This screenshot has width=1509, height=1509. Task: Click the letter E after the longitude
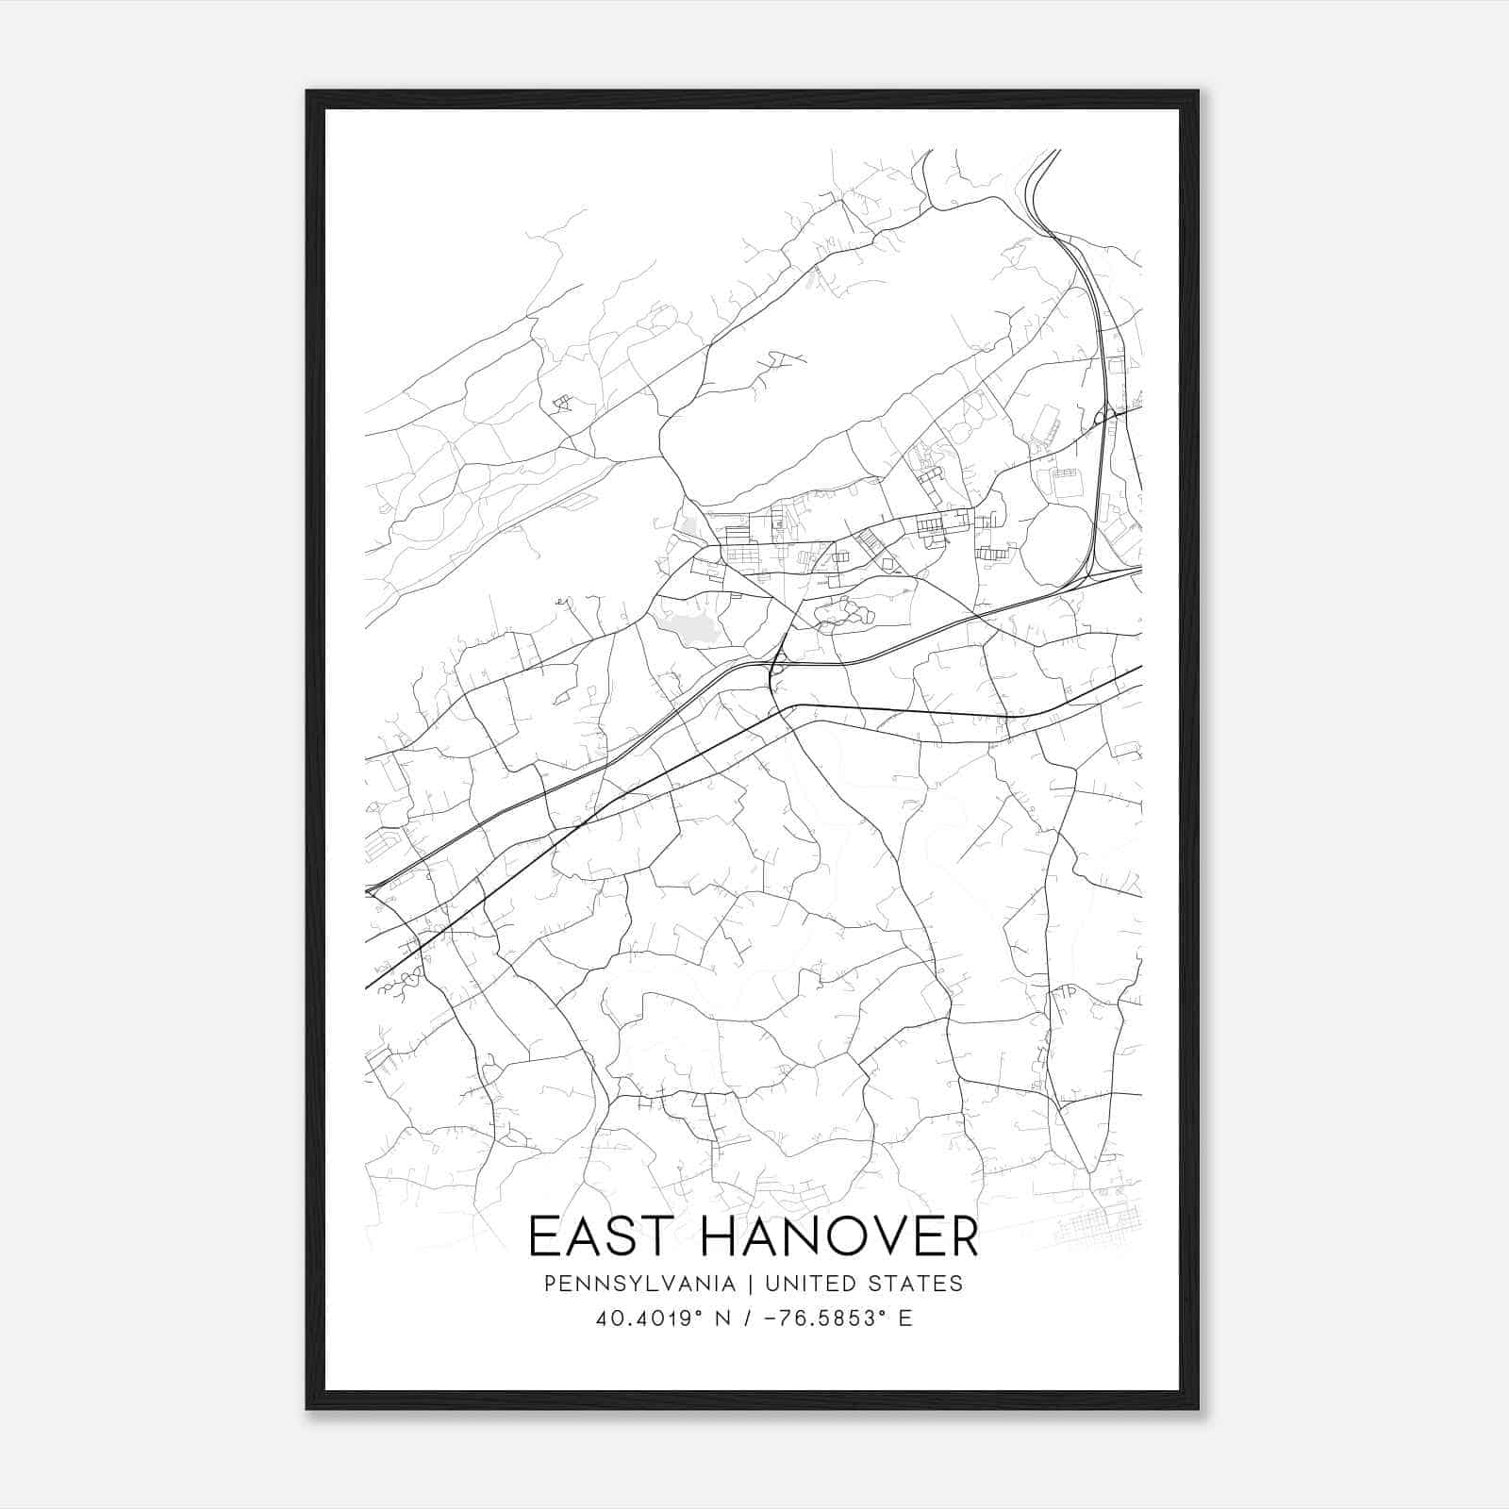(x=905, y=1318)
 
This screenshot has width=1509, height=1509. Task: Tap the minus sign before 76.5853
(x=771, y=1318)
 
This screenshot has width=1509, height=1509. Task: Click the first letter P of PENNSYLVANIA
(x=551, y=1284)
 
